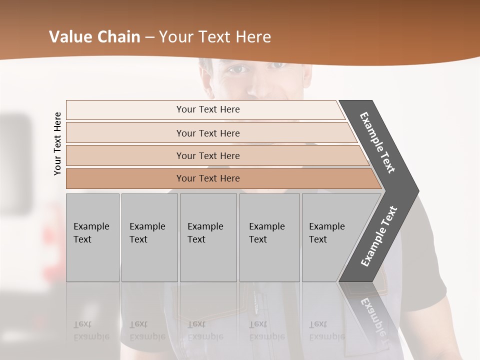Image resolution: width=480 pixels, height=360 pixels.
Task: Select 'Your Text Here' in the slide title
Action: (215, 37)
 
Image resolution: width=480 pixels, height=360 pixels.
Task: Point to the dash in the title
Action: (149, 37)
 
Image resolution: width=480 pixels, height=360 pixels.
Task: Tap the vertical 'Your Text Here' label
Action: (57, 143)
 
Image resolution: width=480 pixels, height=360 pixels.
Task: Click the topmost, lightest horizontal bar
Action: (207, 109)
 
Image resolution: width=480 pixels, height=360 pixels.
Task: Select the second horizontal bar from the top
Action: (207, 133)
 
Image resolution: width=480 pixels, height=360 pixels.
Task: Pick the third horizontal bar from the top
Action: (207, 155)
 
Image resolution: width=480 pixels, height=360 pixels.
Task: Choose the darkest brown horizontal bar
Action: (207, 178)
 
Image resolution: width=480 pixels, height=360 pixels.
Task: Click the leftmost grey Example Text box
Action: (92, 237)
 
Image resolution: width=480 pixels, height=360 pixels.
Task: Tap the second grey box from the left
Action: (149, 237)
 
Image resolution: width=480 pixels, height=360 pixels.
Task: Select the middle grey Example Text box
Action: (208, 237)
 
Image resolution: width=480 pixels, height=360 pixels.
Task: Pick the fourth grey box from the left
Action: (269, 237)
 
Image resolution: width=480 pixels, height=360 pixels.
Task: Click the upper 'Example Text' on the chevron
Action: (377, 142)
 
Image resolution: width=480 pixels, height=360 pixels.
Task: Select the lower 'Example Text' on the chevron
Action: (379, 236)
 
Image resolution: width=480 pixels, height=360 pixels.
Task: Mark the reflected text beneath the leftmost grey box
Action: (92, 330)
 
